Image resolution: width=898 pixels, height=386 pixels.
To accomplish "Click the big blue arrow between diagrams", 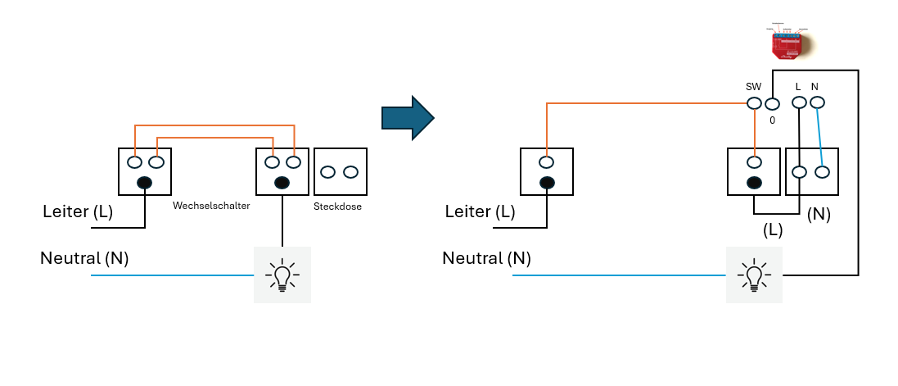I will point(407,118).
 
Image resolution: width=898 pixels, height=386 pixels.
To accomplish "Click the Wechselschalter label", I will point(210,206).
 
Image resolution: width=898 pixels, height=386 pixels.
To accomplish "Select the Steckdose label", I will point(337,207).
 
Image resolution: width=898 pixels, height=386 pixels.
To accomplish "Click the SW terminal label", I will point(753,87).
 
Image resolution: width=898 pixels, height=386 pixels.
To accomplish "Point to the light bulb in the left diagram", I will point(282,275).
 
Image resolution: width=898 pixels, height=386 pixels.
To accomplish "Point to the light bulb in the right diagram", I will point(754,275).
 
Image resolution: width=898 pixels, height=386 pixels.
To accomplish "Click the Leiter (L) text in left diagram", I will point(78,212).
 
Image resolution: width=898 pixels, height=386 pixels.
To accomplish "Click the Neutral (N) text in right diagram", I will point(486,258).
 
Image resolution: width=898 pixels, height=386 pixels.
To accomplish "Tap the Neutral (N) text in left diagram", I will point(84,259).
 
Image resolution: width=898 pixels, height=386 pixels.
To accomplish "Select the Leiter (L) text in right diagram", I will point(481,211).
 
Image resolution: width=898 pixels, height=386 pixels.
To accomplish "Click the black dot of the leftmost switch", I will point(145,183).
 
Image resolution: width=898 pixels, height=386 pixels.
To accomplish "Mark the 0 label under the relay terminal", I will point(771,120).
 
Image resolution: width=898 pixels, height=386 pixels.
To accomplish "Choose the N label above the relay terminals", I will point(815,87).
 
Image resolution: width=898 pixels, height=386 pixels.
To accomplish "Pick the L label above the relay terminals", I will point(798,87).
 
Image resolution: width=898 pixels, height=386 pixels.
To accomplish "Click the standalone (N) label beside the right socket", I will point(819,214).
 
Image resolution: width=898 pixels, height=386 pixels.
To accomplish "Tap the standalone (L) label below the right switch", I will point(772,230).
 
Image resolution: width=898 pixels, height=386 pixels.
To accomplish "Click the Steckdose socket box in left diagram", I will point(340,171).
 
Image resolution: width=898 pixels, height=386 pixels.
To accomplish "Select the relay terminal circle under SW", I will point(754,104).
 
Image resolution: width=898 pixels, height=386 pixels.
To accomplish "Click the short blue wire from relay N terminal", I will point(819,137).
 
